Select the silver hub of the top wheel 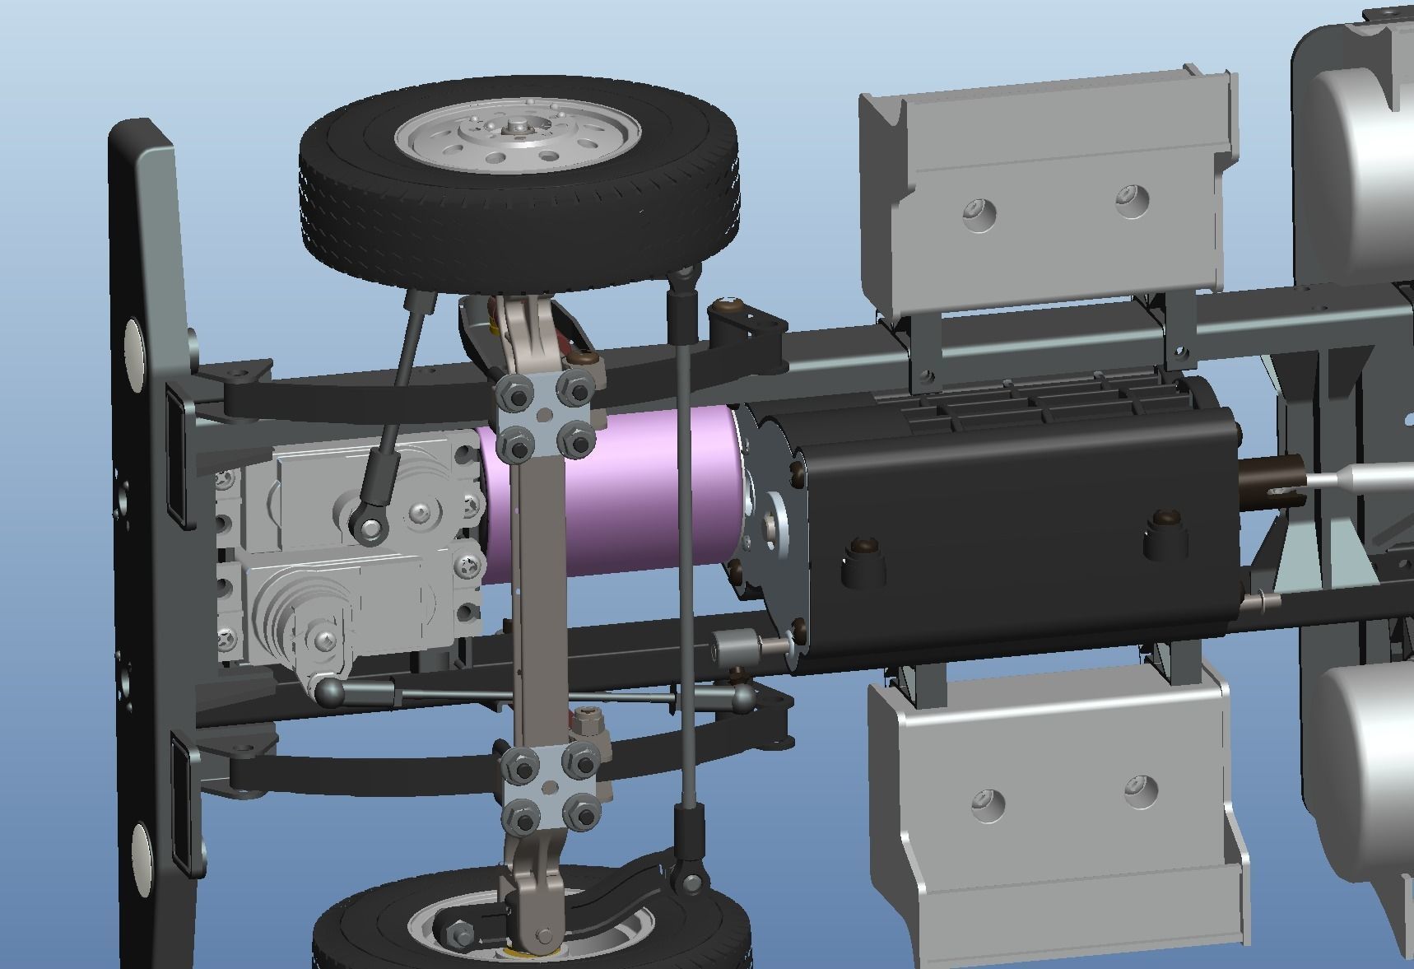(x=517, y=136)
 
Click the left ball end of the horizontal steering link (x=330, y=693)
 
